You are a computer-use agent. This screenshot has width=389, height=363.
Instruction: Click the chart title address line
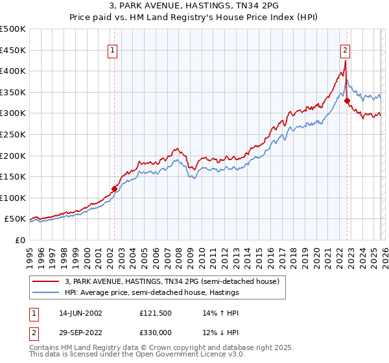pos(194,6)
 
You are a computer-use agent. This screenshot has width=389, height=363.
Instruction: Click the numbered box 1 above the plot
pos(113,50)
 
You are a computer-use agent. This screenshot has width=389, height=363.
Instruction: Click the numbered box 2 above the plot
pos(346,50)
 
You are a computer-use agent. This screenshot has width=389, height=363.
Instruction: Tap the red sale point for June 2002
pos(115,189)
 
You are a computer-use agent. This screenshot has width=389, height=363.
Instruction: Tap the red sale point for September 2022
pos(347,100)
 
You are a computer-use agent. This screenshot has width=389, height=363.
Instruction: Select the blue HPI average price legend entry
pos(152,293)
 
